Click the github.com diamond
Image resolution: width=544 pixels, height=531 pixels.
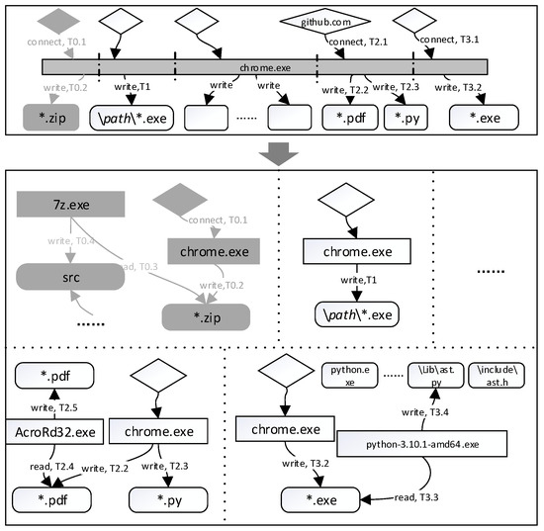pos(324,21)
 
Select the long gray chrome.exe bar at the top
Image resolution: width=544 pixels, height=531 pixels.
pos(257,68)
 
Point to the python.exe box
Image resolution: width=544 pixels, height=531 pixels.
pos(351,378)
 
